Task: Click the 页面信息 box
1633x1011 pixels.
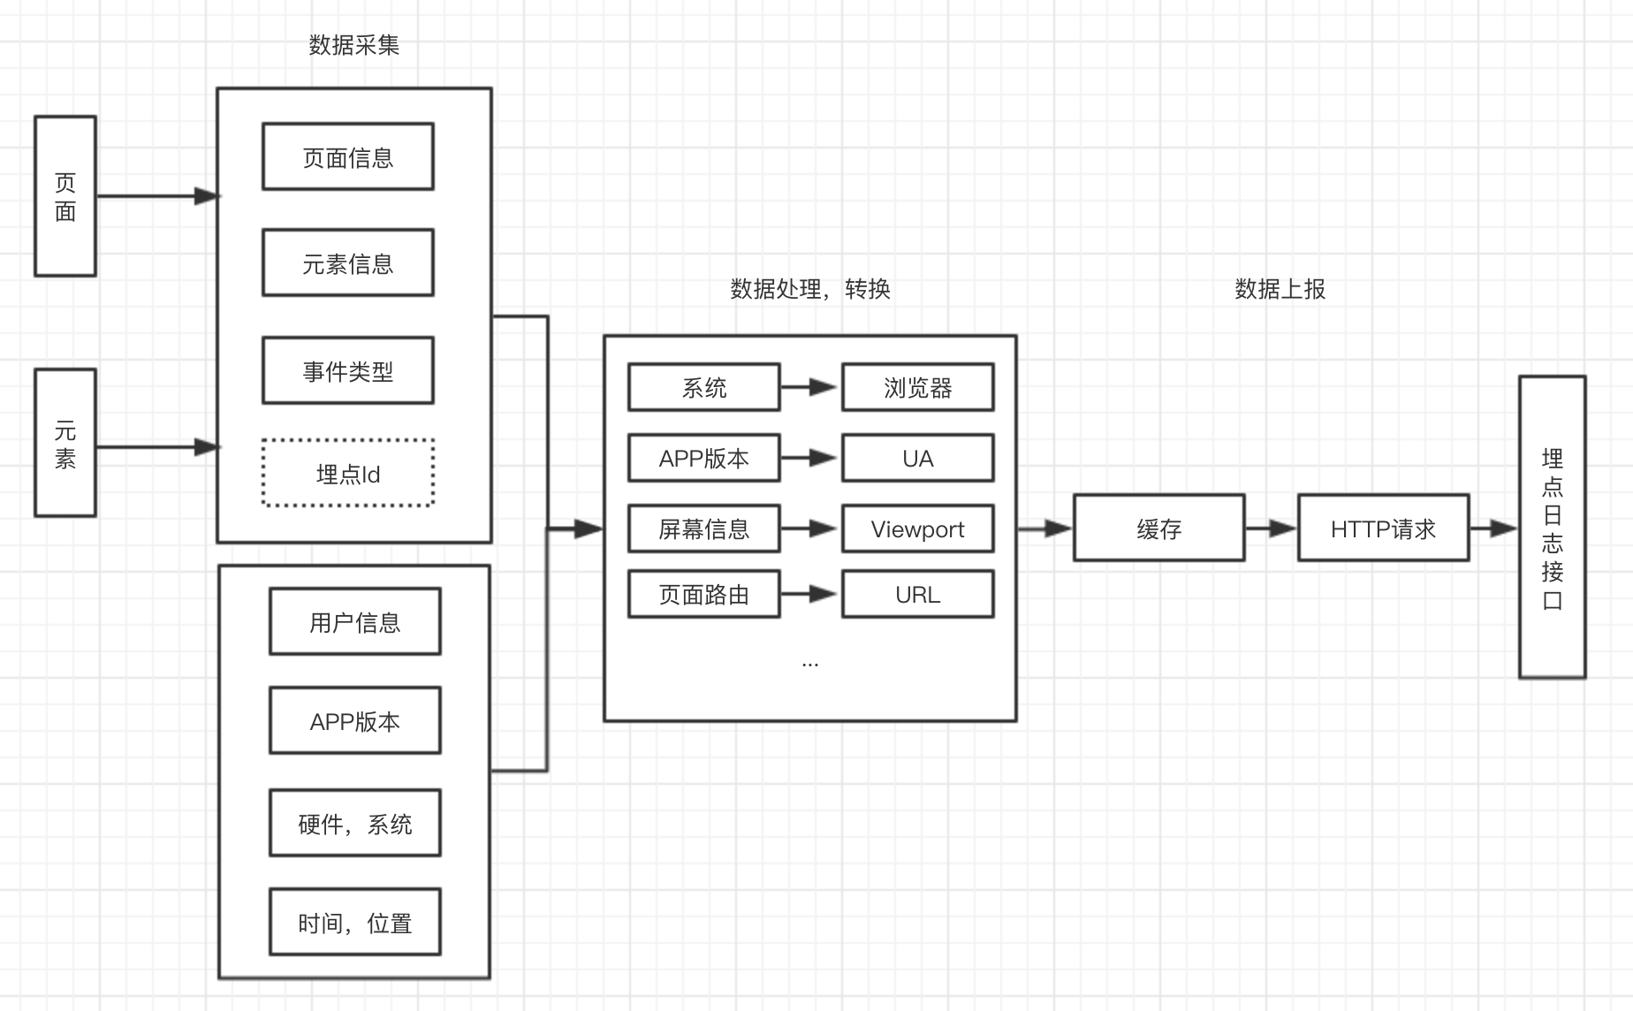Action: (348, 156)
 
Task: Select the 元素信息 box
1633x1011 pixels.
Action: (348, 262)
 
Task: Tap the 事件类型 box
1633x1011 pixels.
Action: (348, 370)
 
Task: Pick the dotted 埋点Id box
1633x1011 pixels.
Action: (348, 473)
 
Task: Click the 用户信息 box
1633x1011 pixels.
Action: (355, 621)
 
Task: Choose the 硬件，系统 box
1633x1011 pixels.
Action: (355, 823)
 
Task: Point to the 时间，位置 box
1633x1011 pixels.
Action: (355, 922)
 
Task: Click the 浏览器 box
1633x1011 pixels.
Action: (918, 387)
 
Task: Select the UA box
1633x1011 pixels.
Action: (918, 458)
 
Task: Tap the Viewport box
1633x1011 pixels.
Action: (918, 528)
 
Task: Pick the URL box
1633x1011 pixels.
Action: (918, 594)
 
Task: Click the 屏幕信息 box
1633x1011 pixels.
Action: (704, 528)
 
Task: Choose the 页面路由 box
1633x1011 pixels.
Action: (704, 594)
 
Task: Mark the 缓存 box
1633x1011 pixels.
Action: (1159, 528)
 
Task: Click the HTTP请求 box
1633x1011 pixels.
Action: (1384, 528)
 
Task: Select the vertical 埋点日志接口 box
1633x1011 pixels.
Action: (1553, 527)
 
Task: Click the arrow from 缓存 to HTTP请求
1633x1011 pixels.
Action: (1272, 528)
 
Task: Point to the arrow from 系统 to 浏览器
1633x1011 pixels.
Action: (809, 387)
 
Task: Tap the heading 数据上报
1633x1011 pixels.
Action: (1280, 289)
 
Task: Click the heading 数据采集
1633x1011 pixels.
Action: (354, 44)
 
